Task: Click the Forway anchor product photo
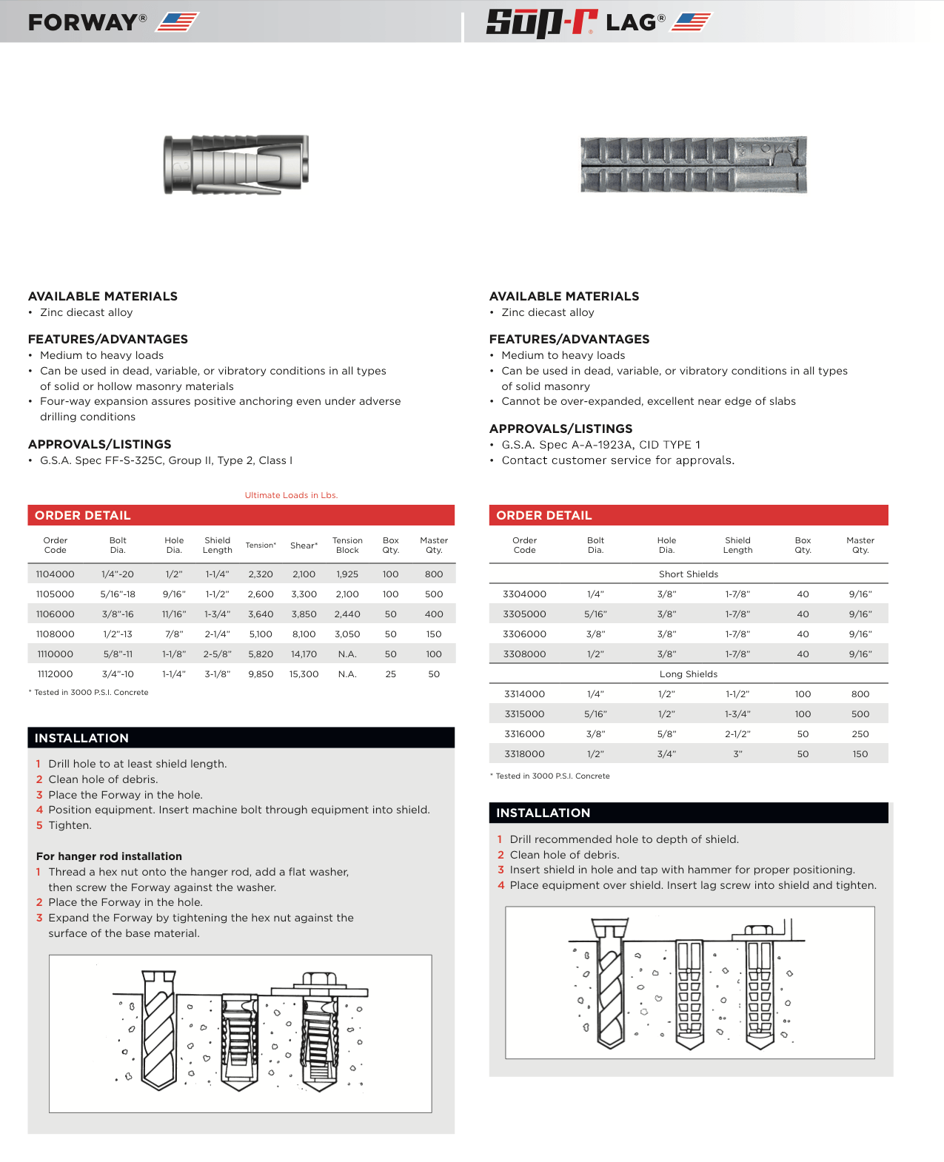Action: pos(235,164)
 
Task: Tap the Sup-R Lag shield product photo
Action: pos(693,164)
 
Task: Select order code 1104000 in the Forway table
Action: pos(55,574)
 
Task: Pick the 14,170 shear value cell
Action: pos(304,654)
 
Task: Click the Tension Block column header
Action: pos(347,545)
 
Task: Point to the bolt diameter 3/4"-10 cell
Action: pos(118,674)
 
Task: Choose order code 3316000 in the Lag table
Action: pos(524,734)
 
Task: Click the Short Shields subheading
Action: pos(689,574)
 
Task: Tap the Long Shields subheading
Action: pos(689,674)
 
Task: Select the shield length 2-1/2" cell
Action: pos(737,734)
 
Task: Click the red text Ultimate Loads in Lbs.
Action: pos(291,495)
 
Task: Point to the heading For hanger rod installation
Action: pos(109,856)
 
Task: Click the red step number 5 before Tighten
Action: pos(39,825)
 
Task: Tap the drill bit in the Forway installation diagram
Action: pos(159,1029)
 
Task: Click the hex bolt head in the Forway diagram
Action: pos(319,980)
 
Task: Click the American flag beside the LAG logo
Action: pos(690,22)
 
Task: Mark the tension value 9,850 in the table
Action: pos(261,674)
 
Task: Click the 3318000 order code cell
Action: pos(524,754)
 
